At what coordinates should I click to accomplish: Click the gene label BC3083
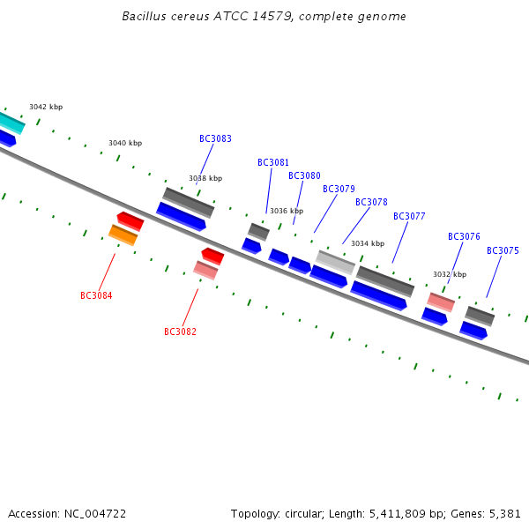click(x=215, y=138)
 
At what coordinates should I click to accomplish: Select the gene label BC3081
click(x=273, y=162)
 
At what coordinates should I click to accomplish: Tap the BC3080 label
click(x=304, y=175)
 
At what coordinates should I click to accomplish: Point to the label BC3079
click(x=339, y=189)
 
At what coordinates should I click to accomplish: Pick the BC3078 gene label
click(x=371, y=202)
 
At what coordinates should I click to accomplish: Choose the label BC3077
click(x=409, y=216)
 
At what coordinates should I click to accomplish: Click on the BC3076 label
click(x=464, y=236)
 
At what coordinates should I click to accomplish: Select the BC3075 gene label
click(x=503, y=250)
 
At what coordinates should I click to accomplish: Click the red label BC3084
click(x=96, y=295)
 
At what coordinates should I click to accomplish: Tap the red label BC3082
click(x=180, y=332)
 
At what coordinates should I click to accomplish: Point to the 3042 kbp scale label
click(x=46, y=107)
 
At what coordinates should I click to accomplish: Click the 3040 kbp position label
click(x=125, y=143)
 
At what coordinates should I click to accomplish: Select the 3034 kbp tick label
click(x=368, y=243)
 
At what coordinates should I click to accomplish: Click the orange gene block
click(x=123, y=235)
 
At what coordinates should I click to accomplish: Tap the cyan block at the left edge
click(x=11, y=123)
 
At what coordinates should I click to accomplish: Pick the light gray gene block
click(x=335, y=263)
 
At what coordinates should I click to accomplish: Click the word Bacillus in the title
click(x=144, y=16)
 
